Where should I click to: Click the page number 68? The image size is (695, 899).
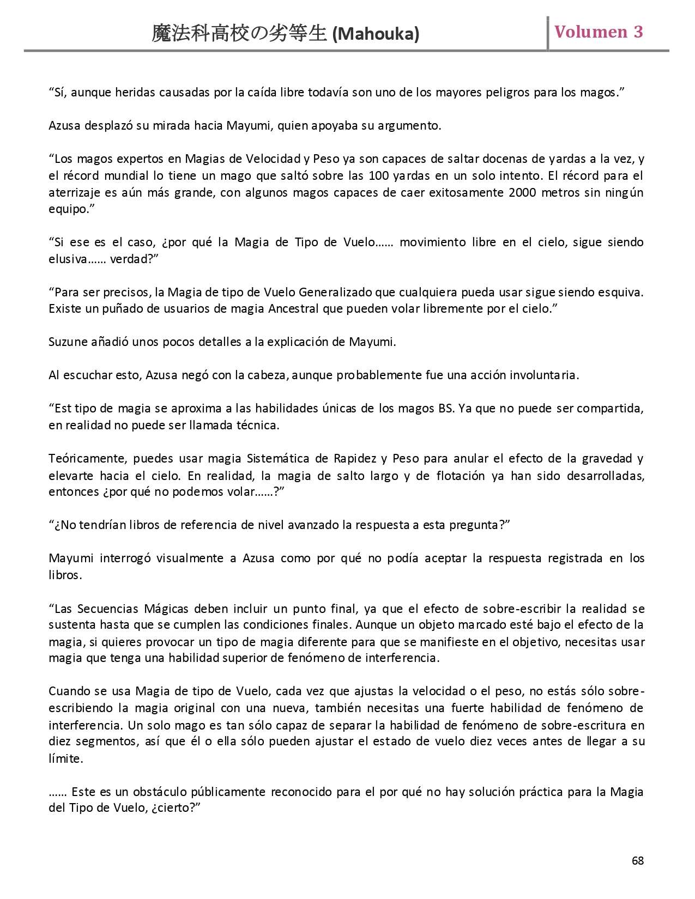pos(638,861)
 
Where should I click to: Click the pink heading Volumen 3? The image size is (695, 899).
pos(599,32)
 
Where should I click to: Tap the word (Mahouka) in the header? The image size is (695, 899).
pos(376,34)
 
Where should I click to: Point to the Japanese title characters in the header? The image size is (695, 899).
pos(239,34)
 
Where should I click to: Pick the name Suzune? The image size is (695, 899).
pos(67,342)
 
